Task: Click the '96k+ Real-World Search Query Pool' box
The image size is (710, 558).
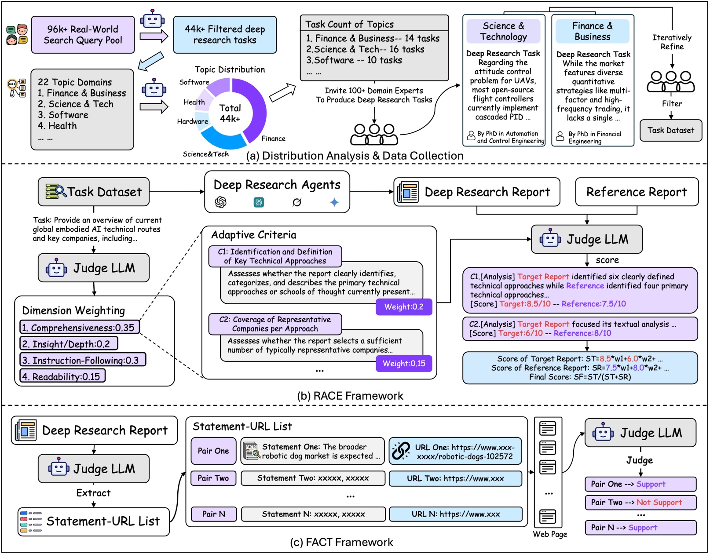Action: point(83,35)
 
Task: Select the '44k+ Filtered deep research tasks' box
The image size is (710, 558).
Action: point(225,35)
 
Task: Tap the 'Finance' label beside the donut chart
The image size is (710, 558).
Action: point(273,139)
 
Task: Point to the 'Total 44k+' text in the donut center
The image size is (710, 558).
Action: point(230,113)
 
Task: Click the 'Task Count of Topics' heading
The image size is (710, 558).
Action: point(349,25)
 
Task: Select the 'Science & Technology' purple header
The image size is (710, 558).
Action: point(503,31)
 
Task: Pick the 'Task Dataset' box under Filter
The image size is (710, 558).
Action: point(670,130)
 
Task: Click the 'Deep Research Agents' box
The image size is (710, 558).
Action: point(277,192)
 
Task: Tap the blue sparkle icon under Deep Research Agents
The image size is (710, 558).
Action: point(334,202)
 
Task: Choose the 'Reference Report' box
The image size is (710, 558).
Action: point(636,192)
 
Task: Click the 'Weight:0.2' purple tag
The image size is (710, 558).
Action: point(404,307)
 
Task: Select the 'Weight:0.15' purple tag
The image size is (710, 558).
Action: point(404,364)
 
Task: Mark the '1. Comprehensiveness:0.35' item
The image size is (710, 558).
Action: point(79,328)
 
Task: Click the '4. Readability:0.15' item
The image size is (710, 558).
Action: point(62,376)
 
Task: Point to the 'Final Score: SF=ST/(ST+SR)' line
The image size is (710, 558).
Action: point(580,377)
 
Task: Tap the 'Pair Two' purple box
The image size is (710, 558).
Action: point(213,478)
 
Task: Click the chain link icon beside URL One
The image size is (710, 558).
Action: point(401,451)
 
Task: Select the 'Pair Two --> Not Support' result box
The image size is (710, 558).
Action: point(640,503)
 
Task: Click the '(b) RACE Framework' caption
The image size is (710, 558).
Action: point(350,396)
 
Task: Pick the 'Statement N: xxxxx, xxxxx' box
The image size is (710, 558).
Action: point(313,514)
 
